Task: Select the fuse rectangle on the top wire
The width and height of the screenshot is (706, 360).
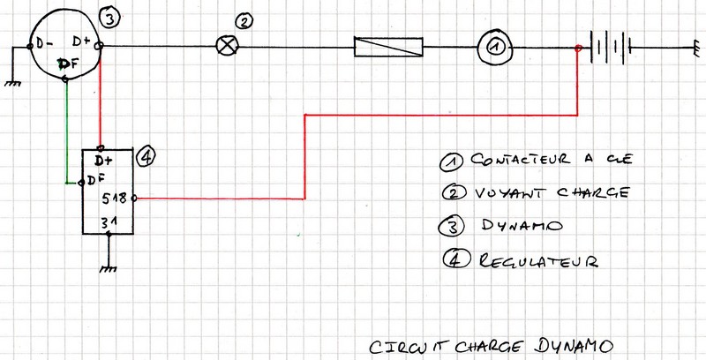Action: [x=388, y=46]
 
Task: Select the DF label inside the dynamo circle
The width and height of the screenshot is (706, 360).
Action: [x=67, y=64]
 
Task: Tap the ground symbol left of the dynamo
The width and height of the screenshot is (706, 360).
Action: [x=12, y=82]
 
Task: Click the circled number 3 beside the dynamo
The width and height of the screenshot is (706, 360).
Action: [x=109, y=17]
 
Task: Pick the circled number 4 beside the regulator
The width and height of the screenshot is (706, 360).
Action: [x=147, y=156]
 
